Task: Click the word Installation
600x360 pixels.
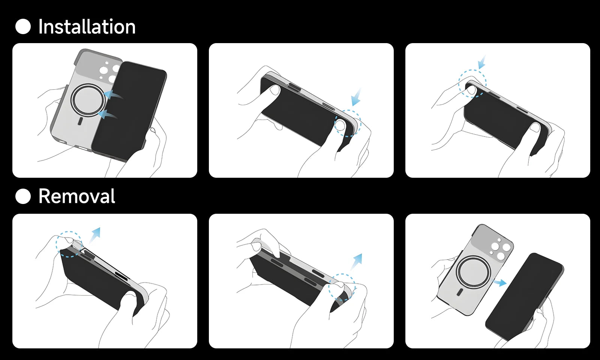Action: [87, 27]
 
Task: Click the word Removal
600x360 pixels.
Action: [77, 196]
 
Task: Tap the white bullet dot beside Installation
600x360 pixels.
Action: [23, 27]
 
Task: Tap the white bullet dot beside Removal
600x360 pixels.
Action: [23, 196]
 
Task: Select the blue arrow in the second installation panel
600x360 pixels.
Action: [356, 98]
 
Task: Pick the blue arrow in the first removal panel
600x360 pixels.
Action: [95, 235]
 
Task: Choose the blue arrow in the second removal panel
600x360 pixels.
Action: [357, 261]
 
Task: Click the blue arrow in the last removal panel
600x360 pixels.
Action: [500, 283]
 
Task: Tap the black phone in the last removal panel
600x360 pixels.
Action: [525, 296]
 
